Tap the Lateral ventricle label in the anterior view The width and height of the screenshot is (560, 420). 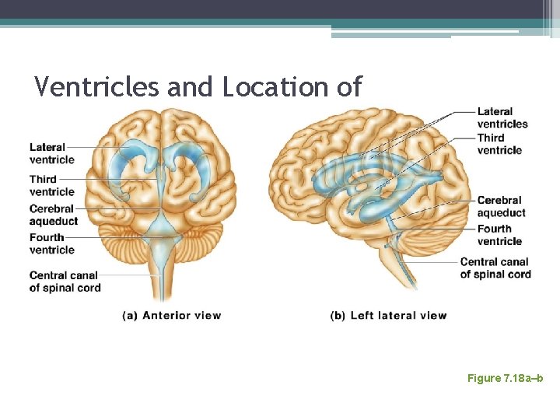52,153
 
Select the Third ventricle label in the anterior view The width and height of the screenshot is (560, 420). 52,185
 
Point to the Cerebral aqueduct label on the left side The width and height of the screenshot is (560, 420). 54,215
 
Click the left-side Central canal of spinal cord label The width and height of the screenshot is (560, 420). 65,281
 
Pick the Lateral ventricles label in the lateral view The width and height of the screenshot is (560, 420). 502,117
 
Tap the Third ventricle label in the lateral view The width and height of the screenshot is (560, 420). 499,144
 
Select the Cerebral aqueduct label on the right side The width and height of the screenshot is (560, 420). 501,206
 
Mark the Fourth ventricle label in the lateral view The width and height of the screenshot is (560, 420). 499,235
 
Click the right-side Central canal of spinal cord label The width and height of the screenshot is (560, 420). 495,268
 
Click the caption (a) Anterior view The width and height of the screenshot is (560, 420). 171,315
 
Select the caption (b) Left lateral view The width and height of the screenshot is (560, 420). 388,315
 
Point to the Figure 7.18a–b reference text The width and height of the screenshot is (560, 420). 505,378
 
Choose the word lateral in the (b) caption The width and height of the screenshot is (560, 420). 397,315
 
